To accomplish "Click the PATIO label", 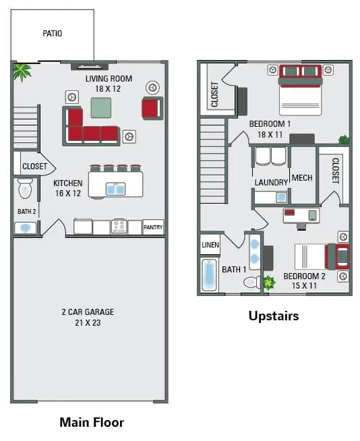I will coord(52,33).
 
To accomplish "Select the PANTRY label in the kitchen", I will coord(153,227).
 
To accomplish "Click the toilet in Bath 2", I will coord(26,188).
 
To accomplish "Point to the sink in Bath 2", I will coord(26,228).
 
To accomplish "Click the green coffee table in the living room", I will coord(101,108).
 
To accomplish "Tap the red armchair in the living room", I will coord(152,108).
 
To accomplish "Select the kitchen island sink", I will coord(115,189).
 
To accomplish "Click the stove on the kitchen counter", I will coord(119,227).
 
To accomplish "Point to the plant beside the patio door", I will coord(22,71).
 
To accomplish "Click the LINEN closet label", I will coord(210,245).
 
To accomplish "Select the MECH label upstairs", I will coord(302,178).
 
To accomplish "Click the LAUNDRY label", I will coord(271,182).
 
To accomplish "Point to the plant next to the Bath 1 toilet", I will coord(270,283).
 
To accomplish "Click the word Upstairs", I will coord(273,316).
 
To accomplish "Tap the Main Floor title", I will coord(92,423).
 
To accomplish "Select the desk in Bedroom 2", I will coord(301,216).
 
